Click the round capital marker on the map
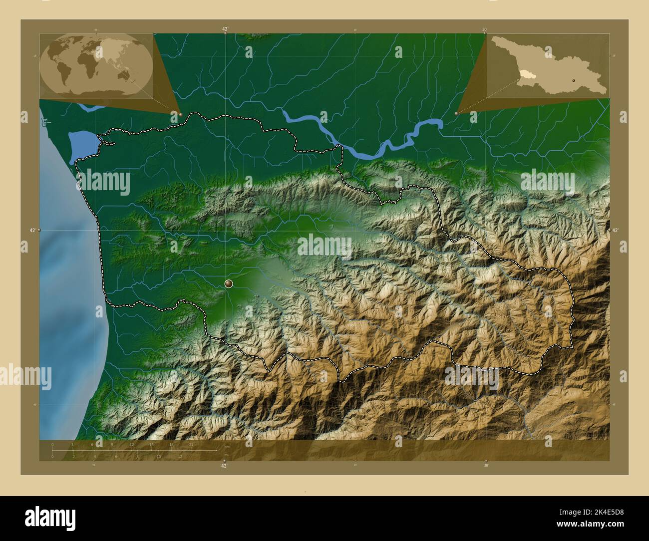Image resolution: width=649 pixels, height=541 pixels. (x=229, y=284)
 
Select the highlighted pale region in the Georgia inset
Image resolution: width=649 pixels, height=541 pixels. (x=526, y=75)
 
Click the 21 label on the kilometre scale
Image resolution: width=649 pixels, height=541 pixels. (x=191, y=444)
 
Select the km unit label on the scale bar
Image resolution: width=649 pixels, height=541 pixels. (x=227, y=447)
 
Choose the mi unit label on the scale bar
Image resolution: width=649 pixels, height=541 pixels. (x=226, y=454)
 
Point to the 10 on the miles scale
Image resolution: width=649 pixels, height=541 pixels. (x=159, y=457)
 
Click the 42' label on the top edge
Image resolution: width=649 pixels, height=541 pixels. (x=225, y=29)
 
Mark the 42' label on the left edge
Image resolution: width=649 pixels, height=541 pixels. (x=32, y=230)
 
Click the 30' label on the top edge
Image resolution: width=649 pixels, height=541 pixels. (x=485, y=29)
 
